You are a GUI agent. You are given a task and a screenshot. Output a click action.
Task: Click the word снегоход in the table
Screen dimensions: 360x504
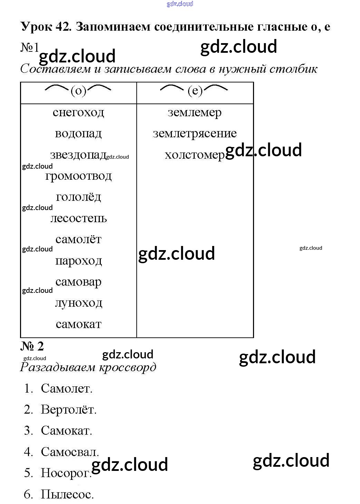78,112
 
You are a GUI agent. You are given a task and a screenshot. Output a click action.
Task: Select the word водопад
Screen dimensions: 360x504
78,134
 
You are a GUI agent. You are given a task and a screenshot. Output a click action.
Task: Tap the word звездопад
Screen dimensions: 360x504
78,155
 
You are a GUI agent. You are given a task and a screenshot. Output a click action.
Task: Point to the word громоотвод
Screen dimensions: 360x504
78,176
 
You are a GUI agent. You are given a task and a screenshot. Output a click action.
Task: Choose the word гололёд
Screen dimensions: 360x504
78,197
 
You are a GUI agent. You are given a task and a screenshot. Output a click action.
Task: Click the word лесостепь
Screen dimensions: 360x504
78,218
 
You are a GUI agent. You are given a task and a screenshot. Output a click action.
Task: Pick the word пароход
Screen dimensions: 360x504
78,261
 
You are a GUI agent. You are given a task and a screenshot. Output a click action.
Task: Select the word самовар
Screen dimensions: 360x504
78,282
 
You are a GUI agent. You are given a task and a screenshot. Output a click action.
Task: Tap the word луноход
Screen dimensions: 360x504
79,303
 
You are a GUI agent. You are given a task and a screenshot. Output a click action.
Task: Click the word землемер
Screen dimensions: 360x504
195,113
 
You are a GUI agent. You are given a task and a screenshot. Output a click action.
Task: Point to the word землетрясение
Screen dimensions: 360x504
195,134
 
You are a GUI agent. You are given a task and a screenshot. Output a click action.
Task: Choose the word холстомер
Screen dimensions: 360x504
195,155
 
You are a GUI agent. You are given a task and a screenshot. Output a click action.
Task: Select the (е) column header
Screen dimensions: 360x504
194,91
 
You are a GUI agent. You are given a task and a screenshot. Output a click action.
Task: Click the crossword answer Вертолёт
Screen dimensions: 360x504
69,409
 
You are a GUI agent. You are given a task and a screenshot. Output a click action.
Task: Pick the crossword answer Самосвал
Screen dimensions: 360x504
70,452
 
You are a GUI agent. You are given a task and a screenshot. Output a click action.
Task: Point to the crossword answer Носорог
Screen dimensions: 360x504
66,473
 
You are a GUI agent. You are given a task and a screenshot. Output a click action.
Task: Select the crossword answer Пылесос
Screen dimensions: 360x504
67,494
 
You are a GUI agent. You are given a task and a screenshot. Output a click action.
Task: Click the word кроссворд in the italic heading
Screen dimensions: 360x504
127,367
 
